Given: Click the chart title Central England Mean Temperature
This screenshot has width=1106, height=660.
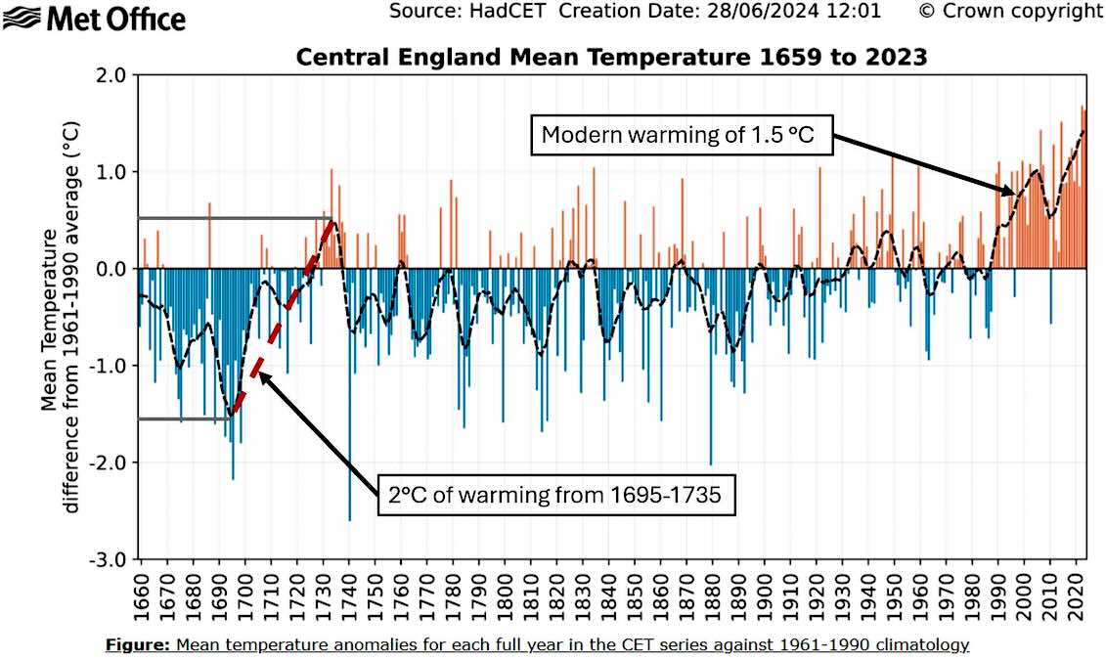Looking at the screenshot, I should click(x=611, y=58).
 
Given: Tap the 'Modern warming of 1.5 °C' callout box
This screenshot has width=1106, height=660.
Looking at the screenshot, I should click(x=678, y=135).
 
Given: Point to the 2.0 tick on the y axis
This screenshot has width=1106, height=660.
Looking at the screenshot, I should click(x=112, y=75).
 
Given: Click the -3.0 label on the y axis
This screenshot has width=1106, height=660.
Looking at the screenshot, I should click(x=110, y=559).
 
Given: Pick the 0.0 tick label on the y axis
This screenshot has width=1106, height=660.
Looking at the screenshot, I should click(x=112, y=269).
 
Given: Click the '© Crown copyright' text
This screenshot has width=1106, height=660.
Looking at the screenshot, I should click(x=1010, y=12).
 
